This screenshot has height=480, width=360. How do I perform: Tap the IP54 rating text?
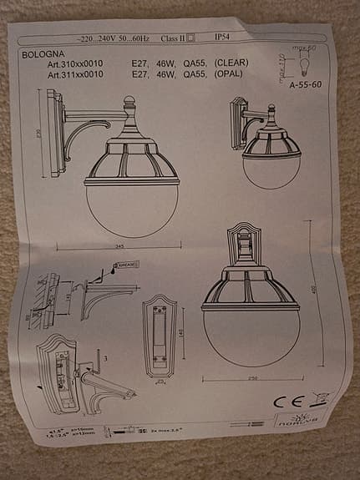(x=223, y=38)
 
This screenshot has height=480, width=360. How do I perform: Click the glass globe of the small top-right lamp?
(x=271, y=168)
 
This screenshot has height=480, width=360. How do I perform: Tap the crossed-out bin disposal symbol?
(x=318, y=399)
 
